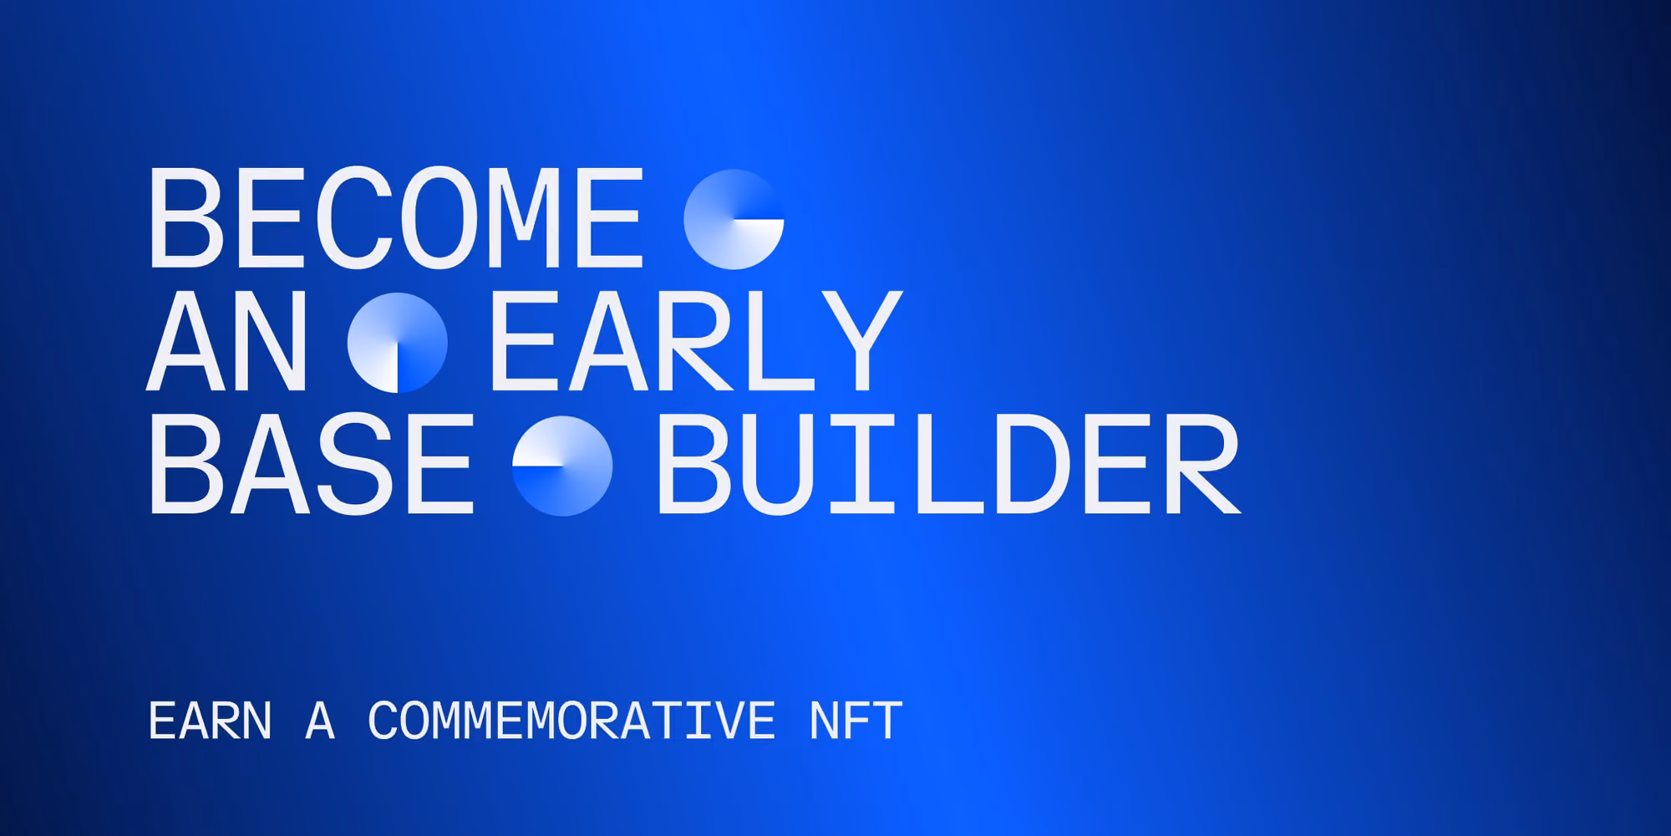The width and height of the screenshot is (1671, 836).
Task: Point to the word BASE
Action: click(x=312, y=464)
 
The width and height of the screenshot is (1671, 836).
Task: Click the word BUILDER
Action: click(x=949, y=464)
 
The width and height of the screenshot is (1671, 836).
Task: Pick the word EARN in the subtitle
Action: click(x=211, y=721)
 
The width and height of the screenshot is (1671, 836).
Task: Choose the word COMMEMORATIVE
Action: click(x=572, y=721)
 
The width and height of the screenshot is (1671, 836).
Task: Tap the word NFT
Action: click(x=856, y=721)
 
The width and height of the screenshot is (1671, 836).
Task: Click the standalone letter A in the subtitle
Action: click(x=320, y=721)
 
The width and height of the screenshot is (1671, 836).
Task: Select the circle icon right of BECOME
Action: click(x=734, y=219)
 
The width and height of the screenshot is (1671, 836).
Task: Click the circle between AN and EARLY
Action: click(x=398, y=343)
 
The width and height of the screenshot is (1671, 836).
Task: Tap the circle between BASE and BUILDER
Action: click(x=562, y=466)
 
